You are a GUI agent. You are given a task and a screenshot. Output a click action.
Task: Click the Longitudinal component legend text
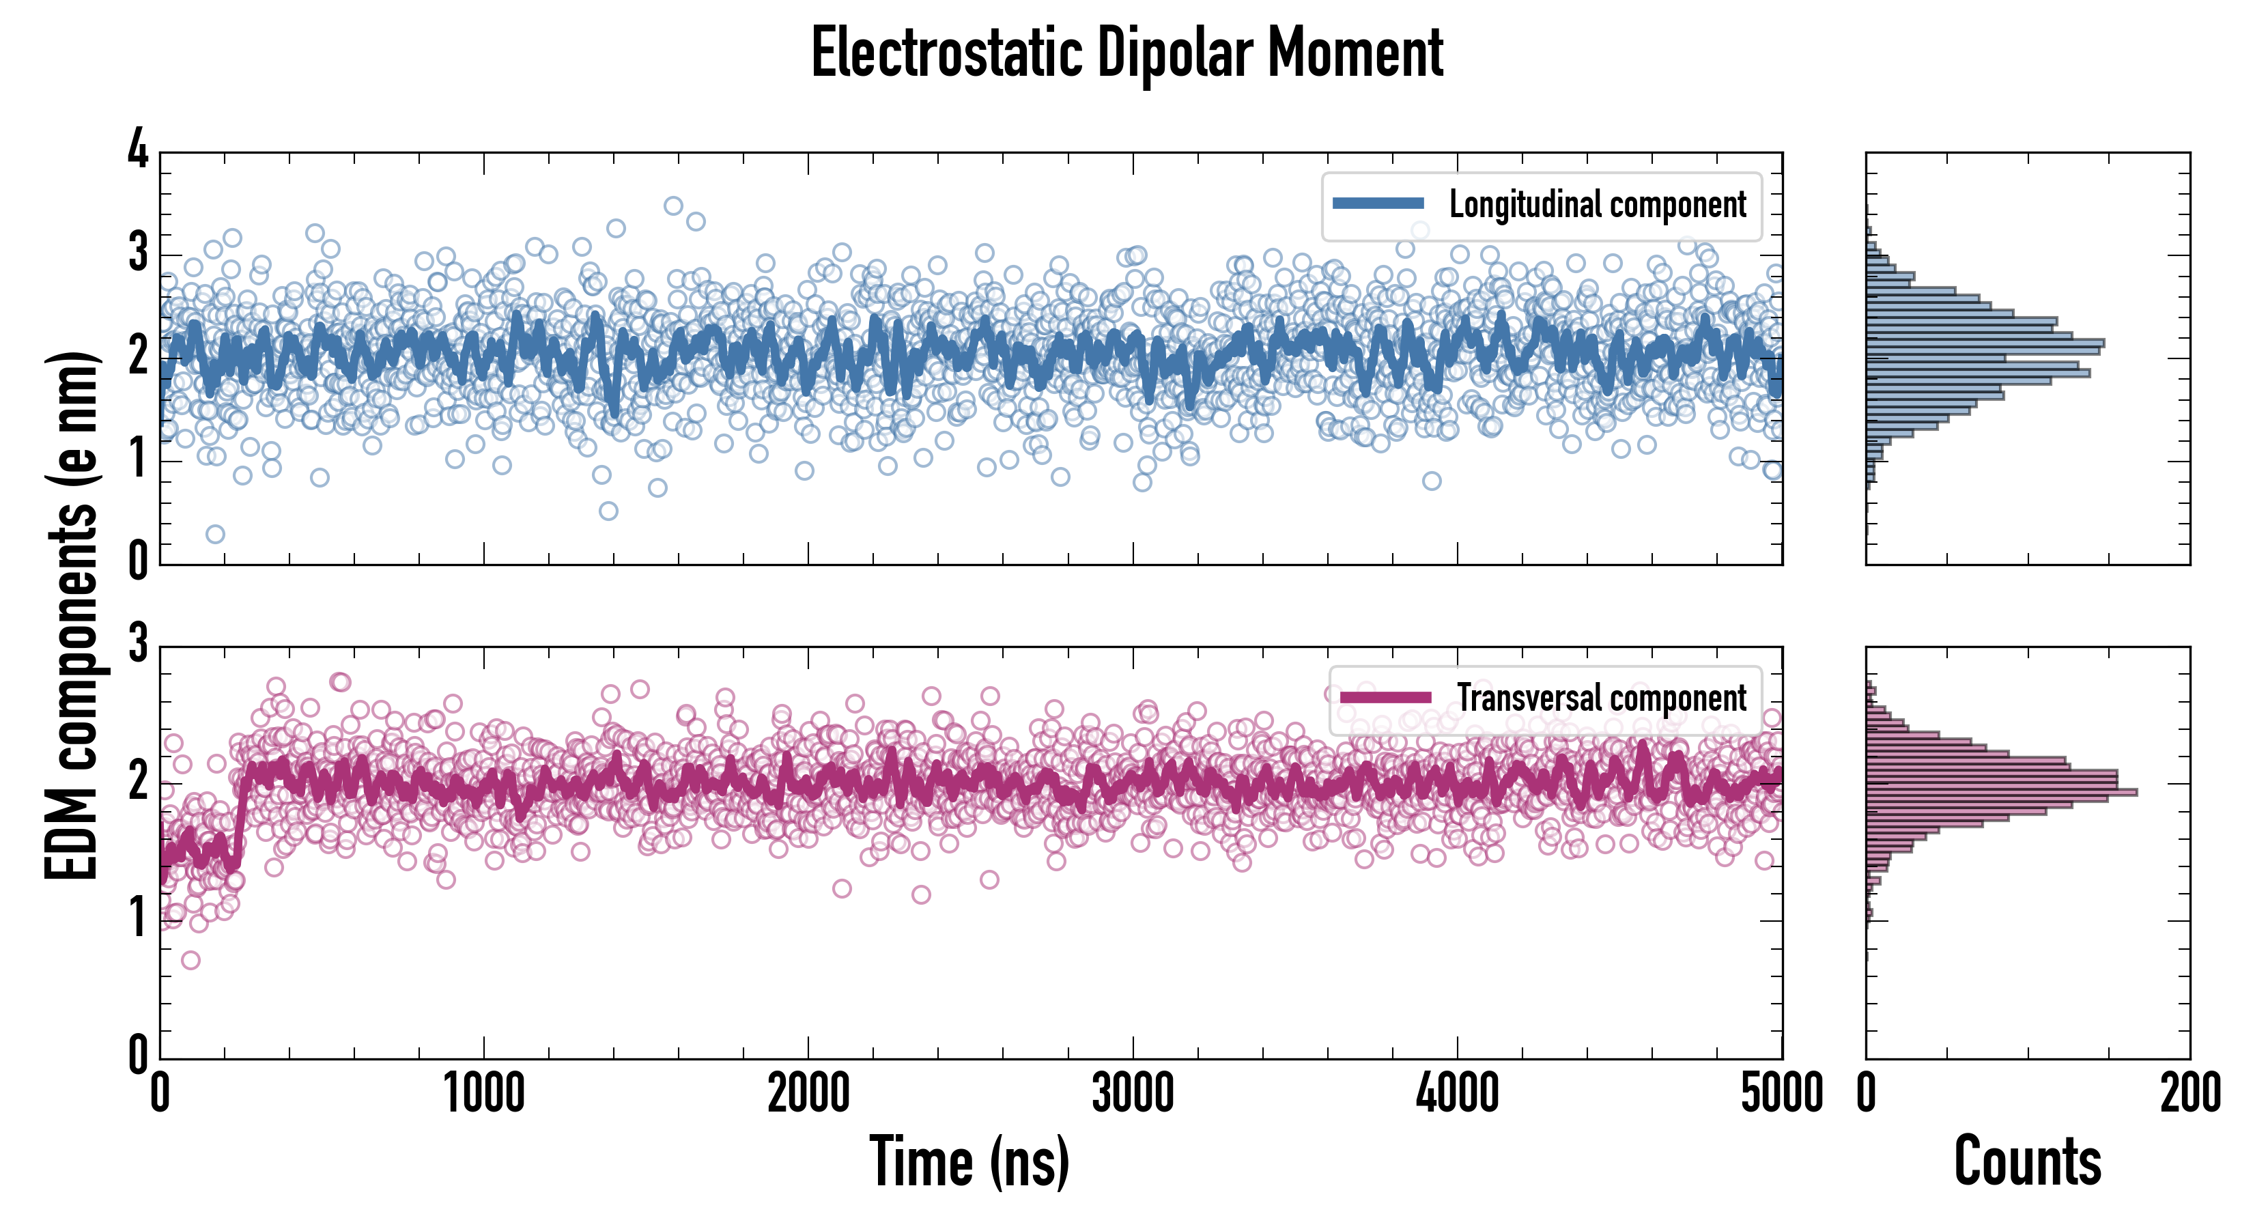click(1597, 205)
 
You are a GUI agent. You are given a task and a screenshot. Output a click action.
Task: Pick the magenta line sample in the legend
click(1385, 698)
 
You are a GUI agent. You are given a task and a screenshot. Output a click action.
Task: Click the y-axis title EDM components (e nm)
click(72, 616)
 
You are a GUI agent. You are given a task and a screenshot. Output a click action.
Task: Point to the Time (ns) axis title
click(969, 1161)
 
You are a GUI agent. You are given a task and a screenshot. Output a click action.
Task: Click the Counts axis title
click(2027, 1161)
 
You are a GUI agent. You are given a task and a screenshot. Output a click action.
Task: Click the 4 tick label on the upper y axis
click(138, 150)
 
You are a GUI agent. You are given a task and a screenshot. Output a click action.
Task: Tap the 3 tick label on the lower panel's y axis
click(138, 644)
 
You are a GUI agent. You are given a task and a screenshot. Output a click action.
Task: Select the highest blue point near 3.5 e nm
click(672, 206)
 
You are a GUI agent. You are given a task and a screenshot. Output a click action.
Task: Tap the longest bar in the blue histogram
click(1985, 343)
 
